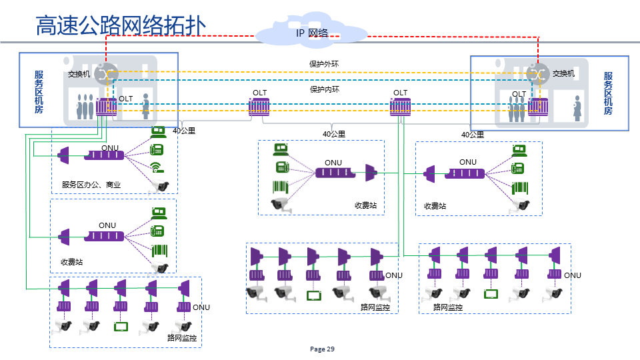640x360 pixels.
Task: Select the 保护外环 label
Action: pyautogui.click(x=324, y=64)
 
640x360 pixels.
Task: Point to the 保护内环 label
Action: pyautogui.click(x=324, y=89)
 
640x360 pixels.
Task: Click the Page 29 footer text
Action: pyautogui.click(x=323, y=349)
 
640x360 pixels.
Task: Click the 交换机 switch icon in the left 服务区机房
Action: pyautogui.click(x=105, y=73)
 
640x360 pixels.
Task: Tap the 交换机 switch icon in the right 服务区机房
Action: pyautogui.click(x=536, y=73)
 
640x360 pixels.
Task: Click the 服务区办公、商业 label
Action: pyautogui.click(x=91, y=185)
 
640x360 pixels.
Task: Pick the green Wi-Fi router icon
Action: pyautogui.click(x=157, y=167)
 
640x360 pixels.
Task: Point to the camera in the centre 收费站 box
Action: pyautogui.click(x=281, y=204)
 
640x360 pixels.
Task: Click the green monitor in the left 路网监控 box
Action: pyautogui.click(x=121, y=327)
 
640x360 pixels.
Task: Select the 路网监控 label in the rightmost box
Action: pyautogui.click(x=448, y=307)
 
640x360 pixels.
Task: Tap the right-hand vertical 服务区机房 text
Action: pyautogui.click(x=608, y=93)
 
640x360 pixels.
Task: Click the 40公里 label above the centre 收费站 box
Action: pyautogui.click(x=333, y=134)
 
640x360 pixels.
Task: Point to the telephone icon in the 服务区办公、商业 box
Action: pyautogui.click(x=157, y=150)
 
